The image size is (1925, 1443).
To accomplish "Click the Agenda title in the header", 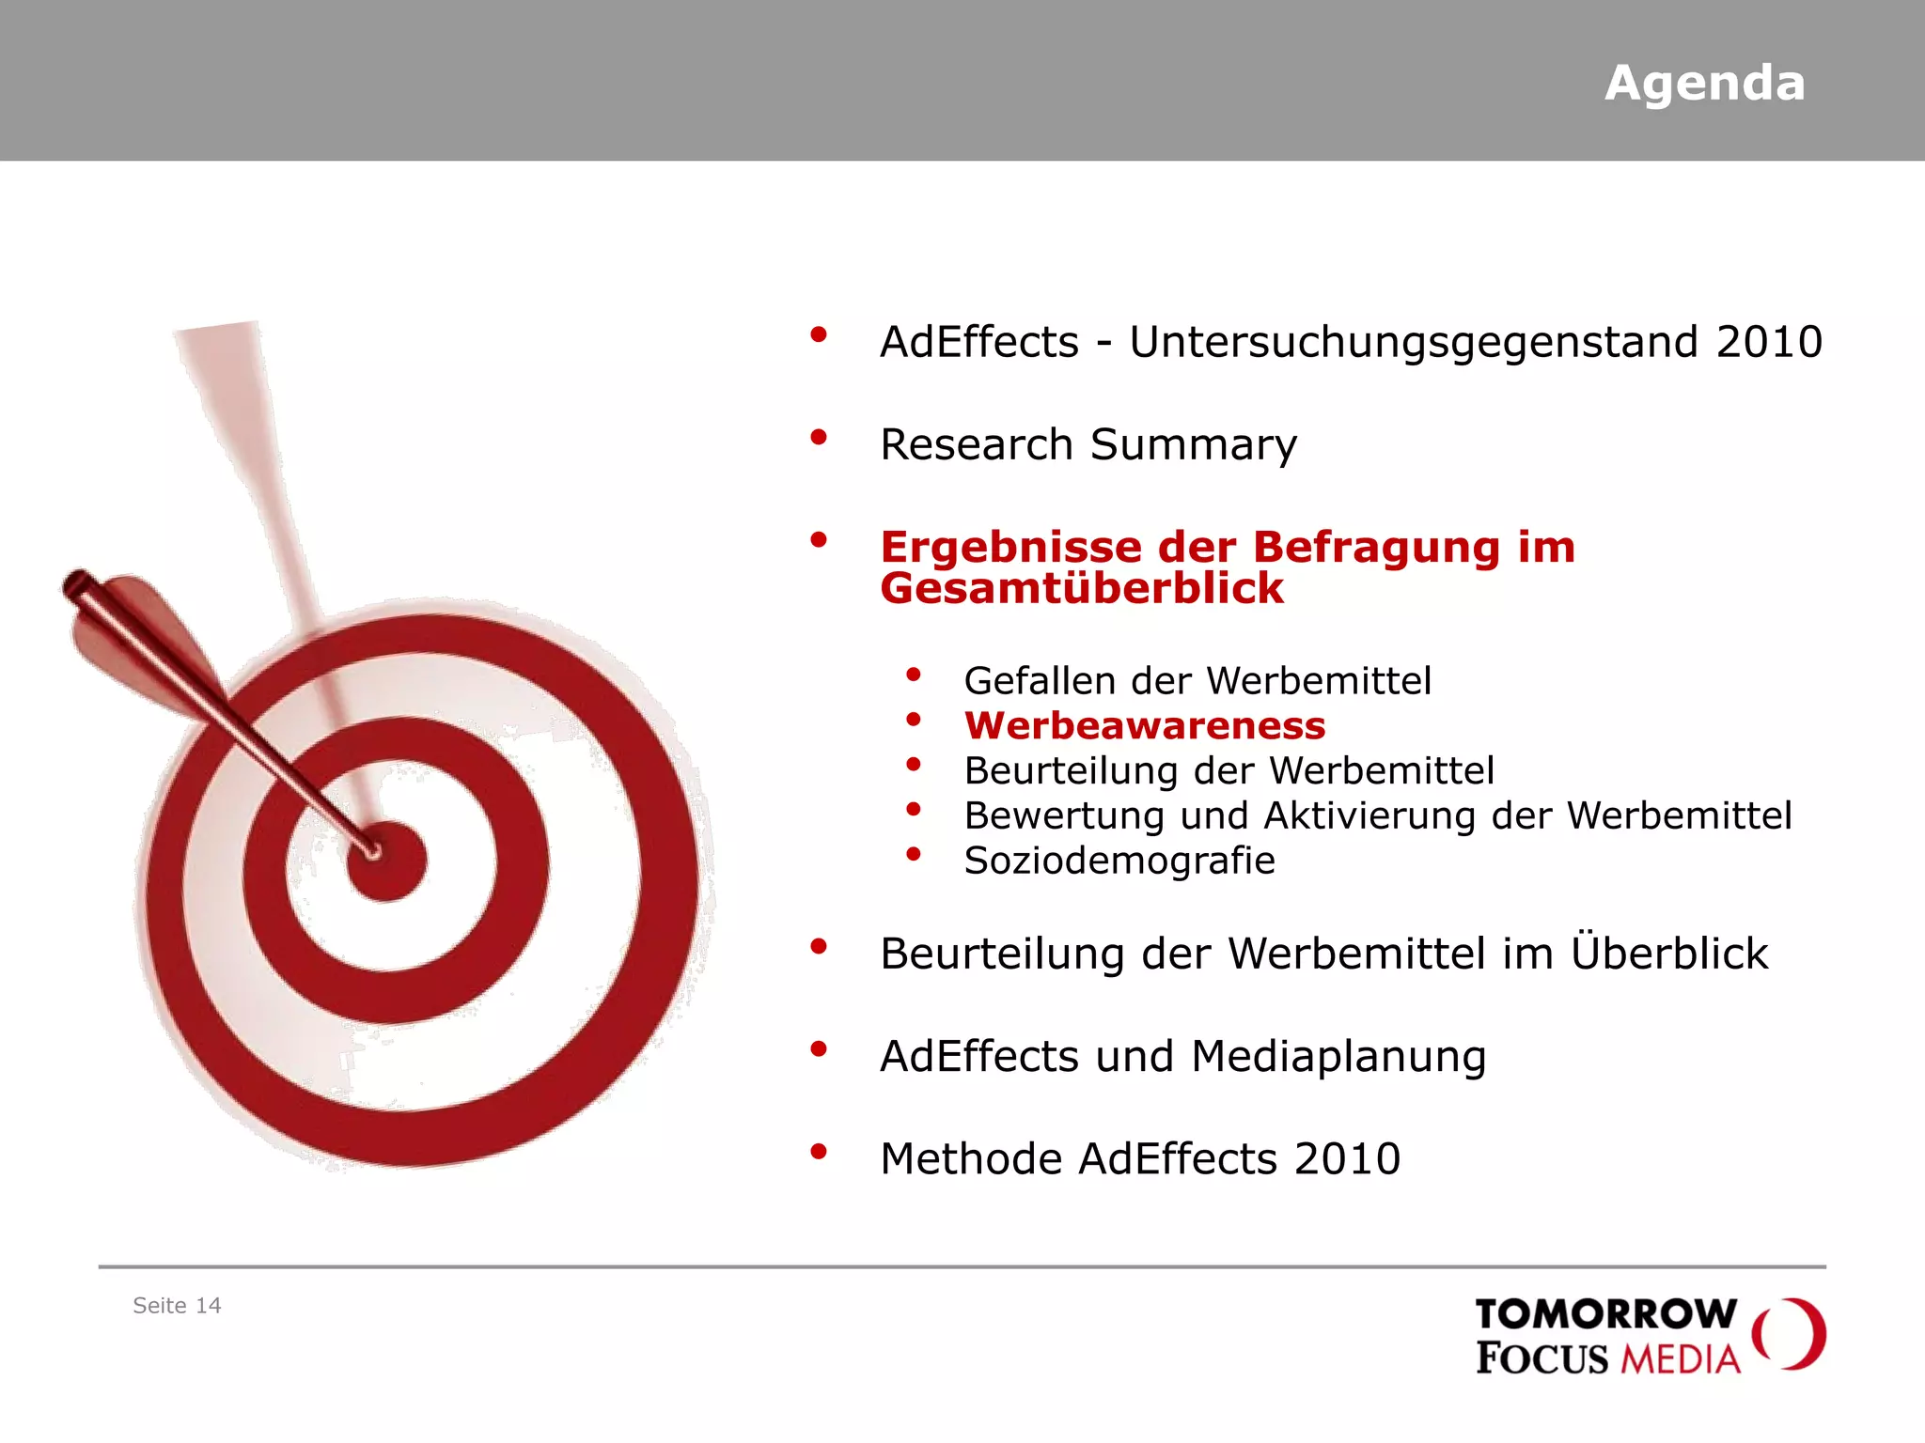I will click(x=1704, y=84).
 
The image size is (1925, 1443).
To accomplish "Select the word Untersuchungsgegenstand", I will click(x=1414, y=342).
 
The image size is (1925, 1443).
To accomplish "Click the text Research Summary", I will click(x=1088, y=444).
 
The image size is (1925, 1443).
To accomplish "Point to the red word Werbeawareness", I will click(x=1144, y=725).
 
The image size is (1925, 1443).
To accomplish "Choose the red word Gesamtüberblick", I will click(x=1081, y=589).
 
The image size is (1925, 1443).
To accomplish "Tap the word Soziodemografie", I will click(x=1119, y=861).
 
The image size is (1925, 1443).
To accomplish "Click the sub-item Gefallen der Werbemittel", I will click(x=1197, y=680).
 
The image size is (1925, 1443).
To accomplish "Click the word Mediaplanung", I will click(x=1338, y=1057).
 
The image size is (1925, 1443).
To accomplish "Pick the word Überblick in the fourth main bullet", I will click(x=1669, y=953).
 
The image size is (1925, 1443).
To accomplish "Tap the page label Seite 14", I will click(x=177, y=1306).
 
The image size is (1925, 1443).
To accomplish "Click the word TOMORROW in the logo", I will click(x=1605, y=1314).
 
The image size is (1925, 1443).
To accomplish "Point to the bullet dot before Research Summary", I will click(x=819, y=437).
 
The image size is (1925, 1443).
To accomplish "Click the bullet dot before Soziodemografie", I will click(x=913, y=854).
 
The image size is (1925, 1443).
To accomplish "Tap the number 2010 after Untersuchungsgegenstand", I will click(x=1769, y=342).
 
